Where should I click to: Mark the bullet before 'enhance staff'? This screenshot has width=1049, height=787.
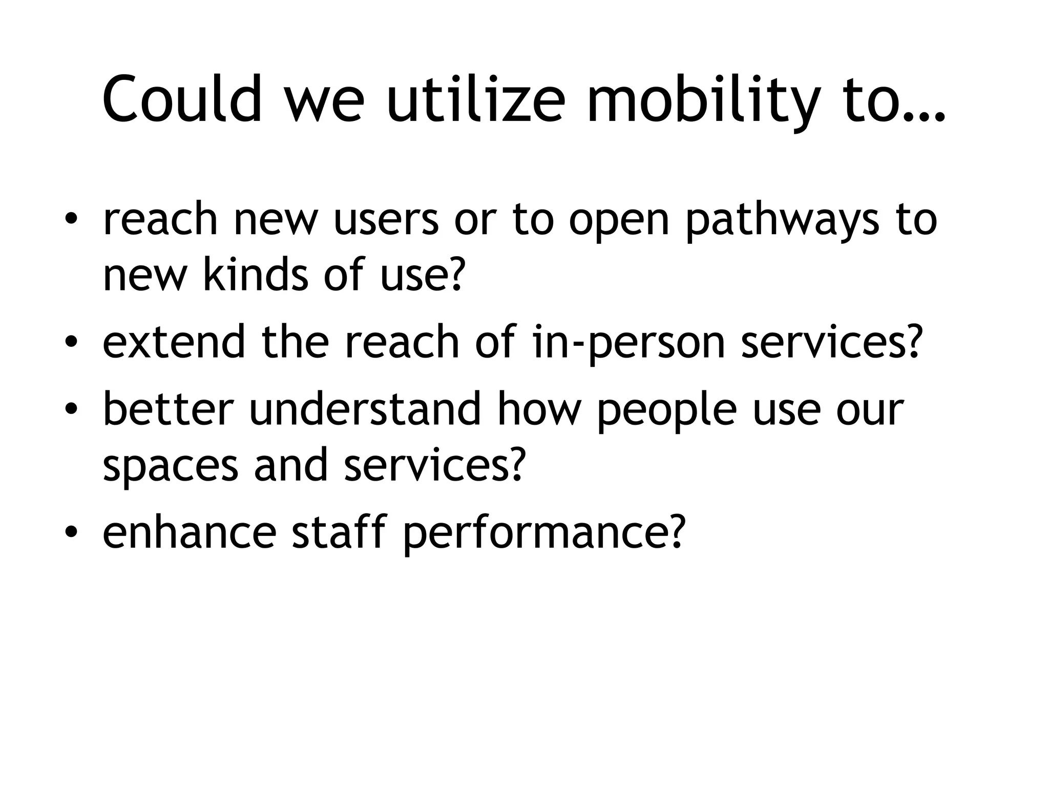coord(71,532)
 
